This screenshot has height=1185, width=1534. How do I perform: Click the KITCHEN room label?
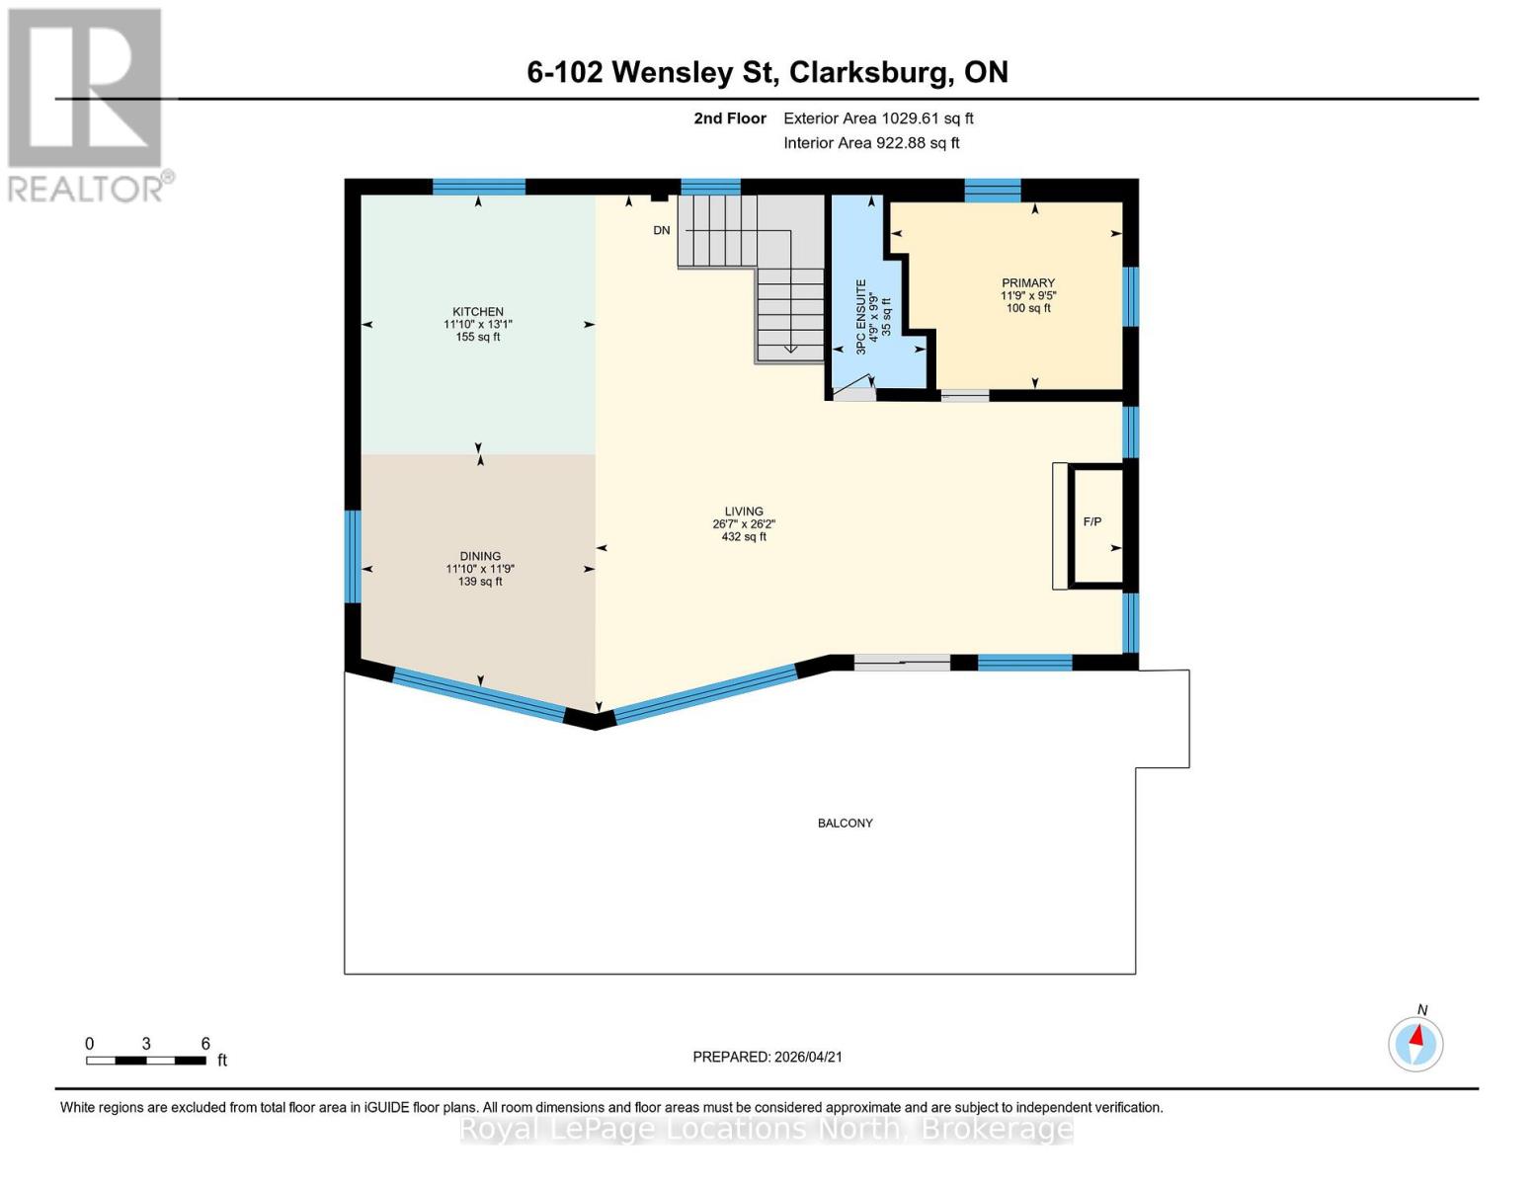click(478, 312)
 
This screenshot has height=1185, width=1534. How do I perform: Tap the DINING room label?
click(480, 556)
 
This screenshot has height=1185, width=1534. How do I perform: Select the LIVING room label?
click(744, 512)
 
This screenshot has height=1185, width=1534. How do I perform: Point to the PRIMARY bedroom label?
click(1028, 282)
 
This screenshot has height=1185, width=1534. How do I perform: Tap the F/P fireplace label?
click(1092, 521)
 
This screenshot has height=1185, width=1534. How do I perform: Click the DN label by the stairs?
click(662, 230)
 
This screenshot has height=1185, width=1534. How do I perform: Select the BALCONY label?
click(846, 823)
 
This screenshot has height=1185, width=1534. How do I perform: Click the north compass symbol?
click(1415, 1043)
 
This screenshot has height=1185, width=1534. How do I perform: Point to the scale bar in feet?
click(146, 1061)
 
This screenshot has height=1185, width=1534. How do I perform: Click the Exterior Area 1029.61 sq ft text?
click(878, 118)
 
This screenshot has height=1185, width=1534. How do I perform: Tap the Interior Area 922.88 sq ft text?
click(871, 143)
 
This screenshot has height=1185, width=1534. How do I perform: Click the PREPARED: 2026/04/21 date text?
click(767, 1057)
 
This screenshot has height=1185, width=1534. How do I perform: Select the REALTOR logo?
click(86, 104)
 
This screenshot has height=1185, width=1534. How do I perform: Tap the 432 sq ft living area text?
click(744, 536)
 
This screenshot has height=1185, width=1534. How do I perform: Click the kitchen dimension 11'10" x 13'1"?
click(478, 324)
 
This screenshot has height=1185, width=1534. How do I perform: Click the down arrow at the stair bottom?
click(790, 347)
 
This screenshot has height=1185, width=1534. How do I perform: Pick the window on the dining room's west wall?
click(353, 556)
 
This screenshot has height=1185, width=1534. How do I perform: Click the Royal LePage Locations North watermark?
click(767, 1129)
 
